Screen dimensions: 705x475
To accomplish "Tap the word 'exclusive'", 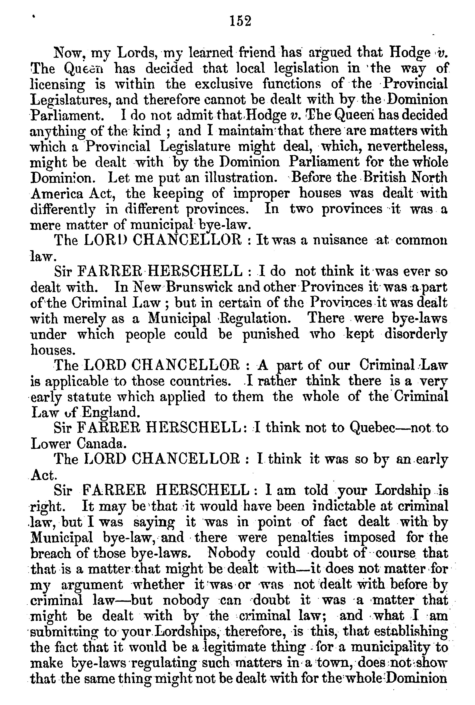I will pyautogui.click(x=223, y=84).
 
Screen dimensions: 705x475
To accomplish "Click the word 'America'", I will pyautogui.click(x=57, y=193).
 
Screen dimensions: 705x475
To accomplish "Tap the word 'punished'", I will pyautogui.click(x=271, y=334).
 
